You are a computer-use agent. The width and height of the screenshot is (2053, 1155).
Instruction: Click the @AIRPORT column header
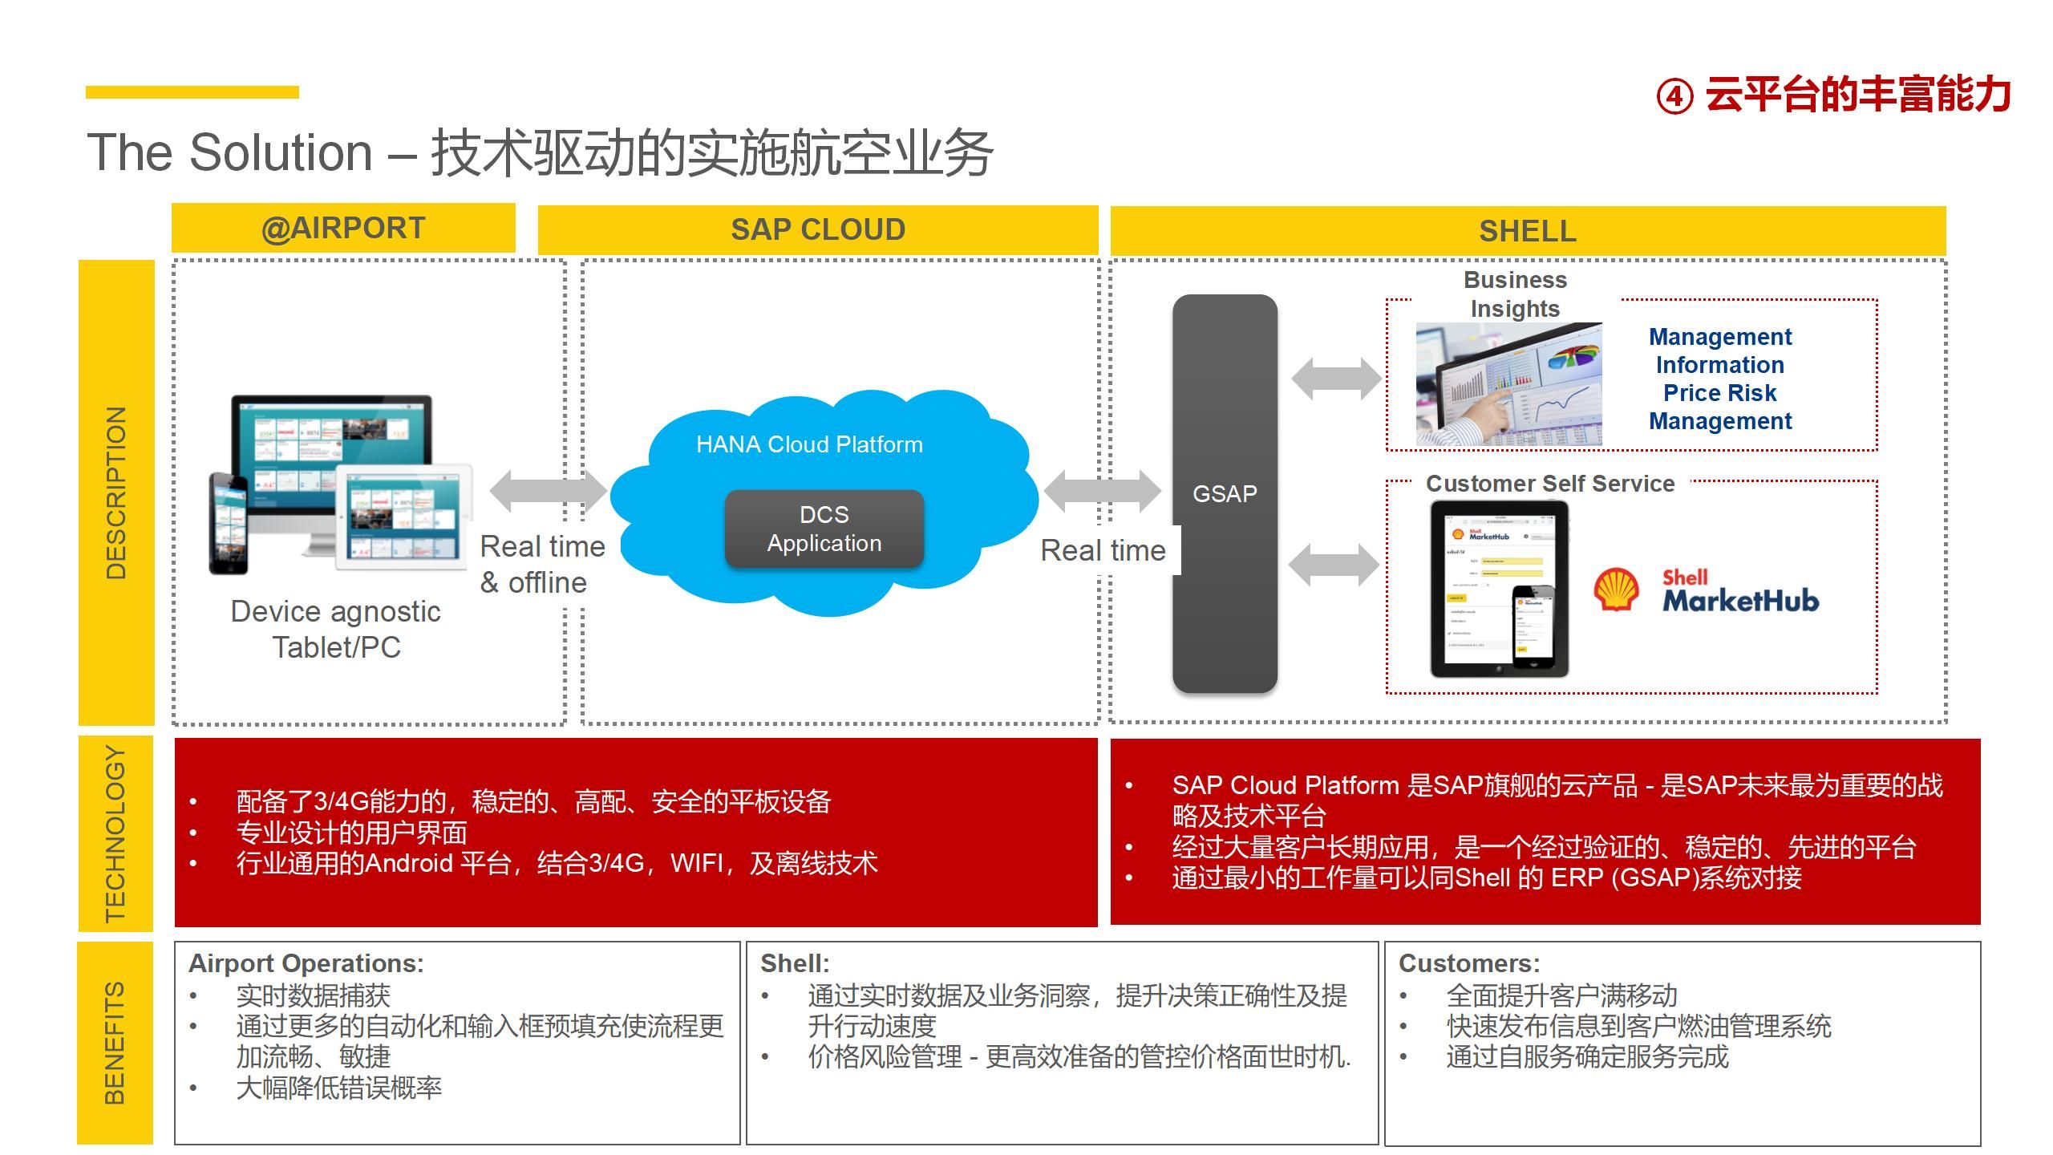[x=343, y=229]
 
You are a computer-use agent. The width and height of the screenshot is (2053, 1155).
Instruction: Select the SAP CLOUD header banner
[x=817, y=230]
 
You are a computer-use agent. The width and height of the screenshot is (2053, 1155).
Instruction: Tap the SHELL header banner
[x=1527, y=231]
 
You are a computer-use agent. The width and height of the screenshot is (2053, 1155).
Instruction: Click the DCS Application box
[x=824, y=529]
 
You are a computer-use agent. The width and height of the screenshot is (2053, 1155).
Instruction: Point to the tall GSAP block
[x=1225, y=493]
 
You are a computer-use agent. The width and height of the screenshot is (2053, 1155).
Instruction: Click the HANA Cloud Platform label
[x=809, y=444]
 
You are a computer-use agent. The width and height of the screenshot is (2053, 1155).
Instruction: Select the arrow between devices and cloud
[x=549, y=490]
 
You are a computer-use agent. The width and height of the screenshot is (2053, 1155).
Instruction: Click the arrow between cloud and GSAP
[x=1101, y=490]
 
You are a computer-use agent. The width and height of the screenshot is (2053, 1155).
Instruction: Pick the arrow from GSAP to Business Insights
[x=1335, y=379]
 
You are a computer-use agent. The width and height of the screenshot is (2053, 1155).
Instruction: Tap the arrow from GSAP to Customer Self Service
[x=1334, y=565]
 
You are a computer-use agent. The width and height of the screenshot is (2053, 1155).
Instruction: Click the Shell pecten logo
[x=1615, y=590]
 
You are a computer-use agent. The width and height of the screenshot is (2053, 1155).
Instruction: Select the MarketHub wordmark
[x=1740, y=599]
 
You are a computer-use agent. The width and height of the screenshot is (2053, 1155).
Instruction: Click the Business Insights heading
[x=1514, y=294]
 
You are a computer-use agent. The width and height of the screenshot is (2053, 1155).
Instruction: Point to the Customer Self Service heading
[x=1549, y=484]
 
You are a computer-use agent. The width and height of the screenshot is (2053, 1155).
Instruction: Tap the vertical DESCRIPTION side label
[x=116, y=492]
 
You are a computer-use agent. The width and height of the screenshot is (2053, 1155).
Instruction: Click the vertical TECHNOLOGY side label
[x=116, y=833]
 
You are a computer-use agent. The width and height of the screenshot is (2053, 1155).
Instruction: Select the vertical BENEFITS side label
[x=115, y=1043]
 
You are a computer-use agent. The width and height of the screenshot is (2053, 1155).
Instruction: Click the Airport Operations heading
[x=306, y=963]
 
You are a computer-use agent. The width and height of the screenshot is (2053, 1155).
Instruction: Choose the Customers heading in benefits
[x=1469, y=963]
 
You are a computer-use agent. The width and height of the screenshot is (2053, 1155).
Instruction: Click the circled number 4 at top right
[x=1674, y=97]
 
